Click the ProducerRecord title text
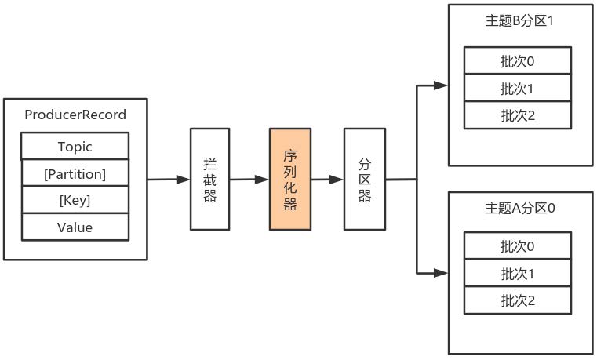tap(75, 115)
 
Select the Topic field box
tap(75, 147)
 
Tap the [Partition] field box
tap(75, 173)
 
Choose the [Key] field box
tap(75, 200)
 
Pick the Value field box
tap(75, 227)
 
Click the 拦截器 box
tap(210, 179)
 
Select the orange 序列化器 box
tap(290, 179)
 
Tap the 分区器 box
tap(365, 179)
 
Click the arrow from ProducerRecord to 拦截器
tap(169, 180)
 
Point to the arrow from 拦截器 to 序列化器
tap(249, 180)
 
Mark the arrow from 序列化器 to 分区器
tap(327, 180)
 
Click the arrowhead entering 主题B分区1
tap(442, 85)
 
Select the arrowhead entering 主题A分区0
tap(442, 273)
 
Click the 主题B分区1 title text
tap(519, 22)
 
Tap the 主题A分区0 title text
tap(519, 209)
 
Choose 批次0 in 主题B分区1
tap(518, 60)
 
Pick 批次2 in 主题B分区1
tap(518, 115)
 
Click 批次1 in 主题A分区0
tap(518, 274)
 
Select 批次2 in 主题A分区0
tap(518, 300)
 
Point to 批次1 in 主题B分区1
tap(518, 88)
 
